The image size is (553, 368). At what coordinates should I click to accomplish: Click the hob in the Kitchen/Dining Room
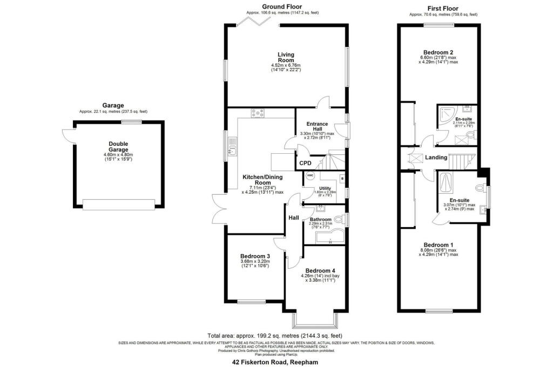coord(257,113)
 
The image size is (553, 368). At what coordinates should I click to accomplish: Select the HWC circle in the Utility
coord(310,176)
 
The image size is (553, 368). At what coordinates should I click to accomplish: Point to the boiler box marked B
coord(342,178)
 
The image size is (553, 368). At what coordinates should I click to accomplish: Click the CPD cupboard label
coord(305,163)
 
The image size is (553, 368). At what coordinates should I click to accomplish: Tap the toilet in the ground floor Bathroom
coord(339,220)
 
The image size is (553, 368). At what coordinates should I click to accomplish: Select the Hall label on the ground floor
coord(293,217)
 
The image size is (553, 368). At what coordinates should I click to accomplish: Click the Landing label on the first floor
coord(436,158)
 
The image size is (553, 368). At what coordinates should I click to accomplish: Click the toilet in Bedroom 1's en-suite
coord(481,188)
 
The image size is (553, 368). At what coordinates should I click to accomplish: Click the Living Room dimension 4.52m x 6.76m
coord(286,66)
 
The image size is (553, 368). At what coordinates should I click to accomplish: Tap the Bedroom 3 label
coord(255,256)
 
